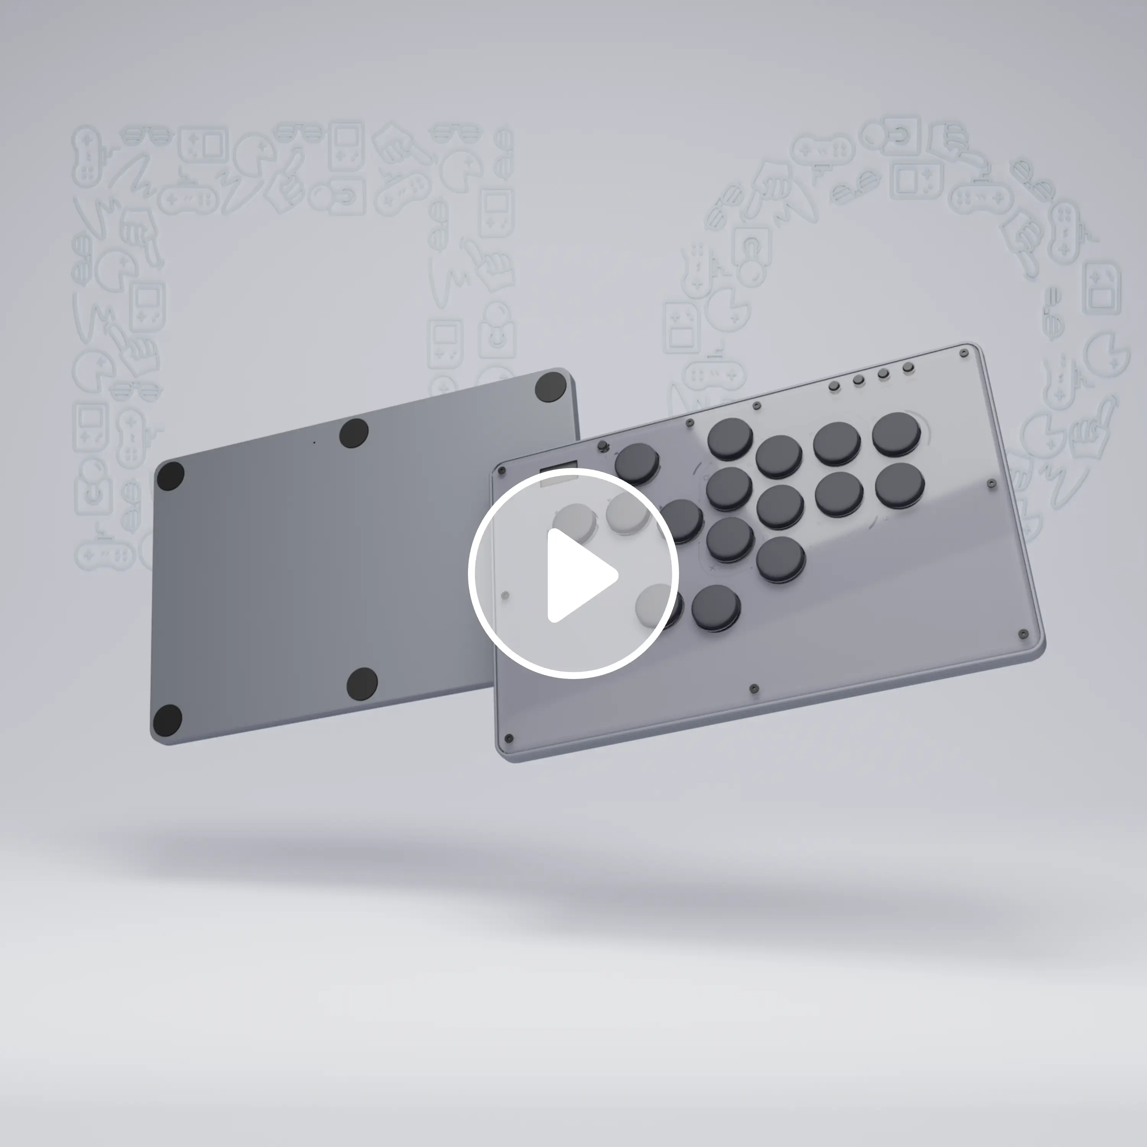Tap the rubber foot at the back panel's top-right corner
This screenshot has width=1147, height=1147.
[x=550, y=387]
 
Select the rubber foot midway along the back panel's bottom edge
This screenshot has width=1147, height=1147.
[x=362, y=683]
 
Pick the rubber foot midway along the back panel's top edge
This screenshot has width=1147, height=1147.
[x=354, y=434]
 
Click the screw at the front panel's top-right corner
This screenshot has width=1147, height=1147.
[x=963, y=354]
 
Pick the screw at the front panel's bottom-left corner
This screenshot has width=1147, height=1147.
[x=508, y=739]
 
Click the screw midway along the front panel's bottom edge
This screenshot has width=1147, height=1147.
[x=754, y=689]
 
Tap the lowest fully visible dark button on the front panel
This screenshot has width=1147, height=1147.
[x=716, y=608]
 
